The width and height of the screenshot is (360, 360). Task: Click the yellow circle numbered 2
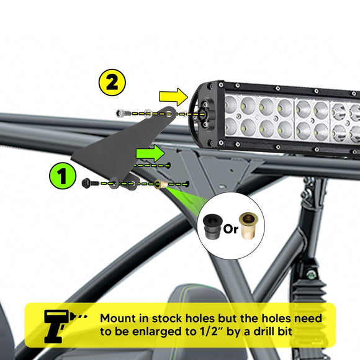(112, 83)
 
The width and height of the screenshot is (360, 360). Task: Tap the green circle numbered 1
(63, 177)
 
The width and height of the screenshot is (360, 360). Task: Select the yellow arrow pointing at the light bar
(173, 96)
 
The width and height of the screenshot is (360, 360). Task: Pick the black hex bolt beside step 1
(88, 182)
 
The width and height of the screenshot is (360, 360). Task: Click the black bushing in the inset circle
(213, 226)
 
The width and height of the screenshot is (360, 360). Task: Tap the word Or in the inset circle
(231, 228)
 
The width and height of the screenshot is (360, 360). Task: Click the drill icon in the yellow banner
(60, 323)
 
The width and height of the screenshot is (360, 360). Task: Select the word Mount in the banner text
(120, 318)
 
